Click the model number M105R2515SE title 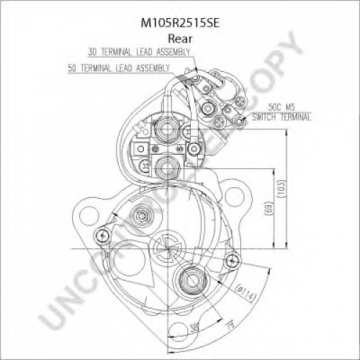180,23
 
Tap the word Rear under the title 180,39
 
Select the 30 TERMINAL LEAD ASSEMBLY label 139,52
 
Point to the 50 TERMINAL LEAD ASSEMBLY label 119,68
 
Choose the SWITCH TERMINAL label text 282,117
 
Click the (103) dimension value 281,189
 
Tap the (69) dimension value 269,208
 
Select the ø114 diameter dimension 246,292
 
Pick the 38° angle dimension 194,328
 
